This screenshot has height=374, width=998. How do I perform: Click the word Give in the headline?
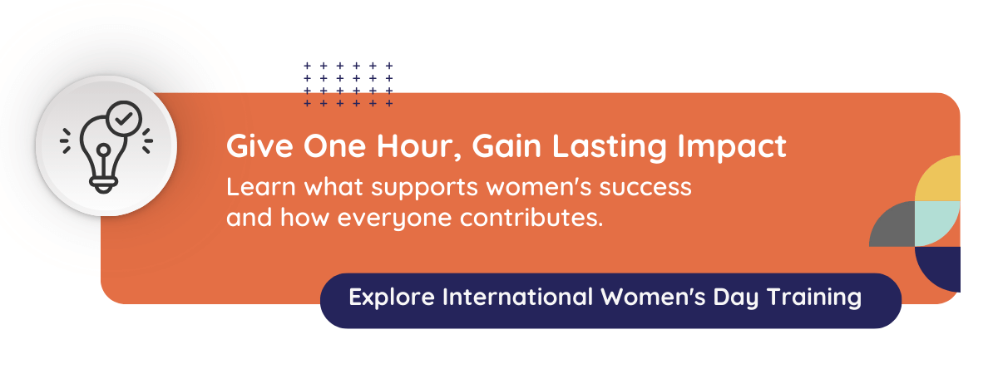(x=252, y=148)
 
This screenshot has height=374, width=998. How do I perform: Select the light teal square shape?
(x=937, y=224)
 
